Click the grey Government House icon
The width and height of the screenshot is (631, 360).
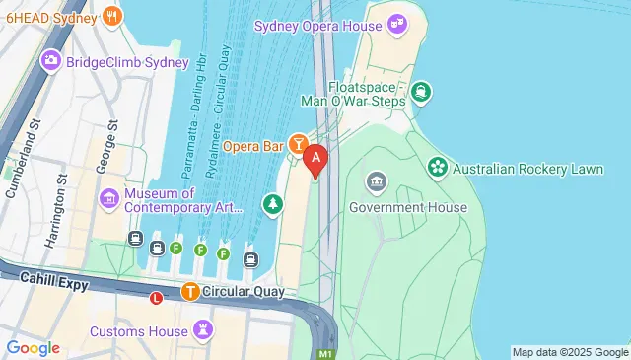click(376, 181)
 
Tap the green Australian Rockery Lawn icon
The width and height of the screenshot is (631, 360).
click(437, 169)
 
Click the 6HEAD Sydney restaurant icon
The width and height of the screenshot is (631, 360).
click(112, 16)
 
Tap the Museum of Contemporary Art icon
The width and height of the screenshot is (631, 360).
click(109, 201)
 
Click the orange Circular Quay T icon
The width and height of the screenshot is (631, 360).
click(189, 292)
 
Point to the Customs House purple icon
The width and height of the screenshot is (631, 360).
click(204, 329)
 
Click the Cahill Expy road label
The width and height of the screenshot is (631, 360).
click(54, 284)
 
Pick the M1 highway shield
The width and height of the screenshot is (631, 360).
click(324, 353)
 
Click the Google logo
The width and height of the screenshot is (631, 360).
click(33, 347)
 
